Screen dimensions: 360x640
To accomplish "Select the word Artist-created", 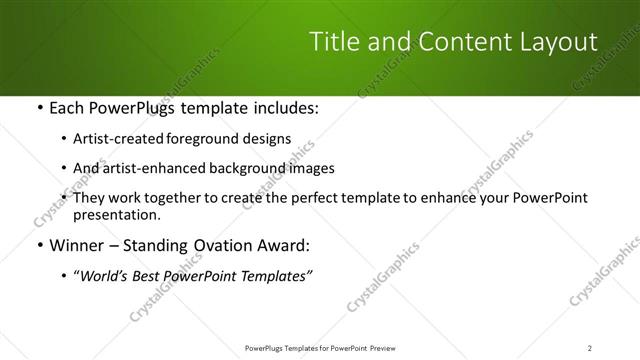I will pyautogui.click(x=121, y=139).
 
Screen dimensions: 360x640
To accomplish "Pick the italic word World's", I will pyautogui.click(x=104, y=276).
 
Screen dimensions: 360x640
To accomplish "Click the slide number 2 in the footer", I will pyautogui.click(x=590, y=348).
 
